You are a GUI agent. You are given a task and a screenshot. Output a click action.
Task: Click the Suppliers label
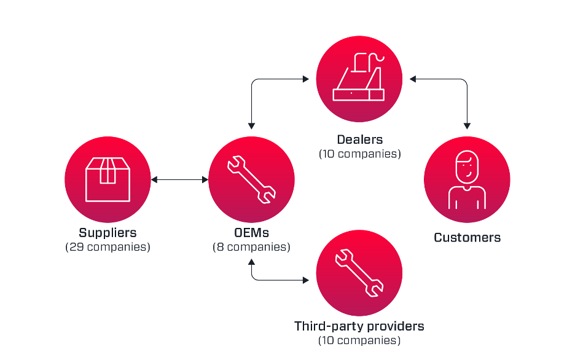(108, 233)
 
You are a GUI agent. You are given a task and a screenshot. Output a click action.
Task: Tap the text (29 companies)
(108, 247)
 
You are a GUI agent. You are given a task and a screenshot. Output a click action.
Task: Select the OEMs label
(252, 233)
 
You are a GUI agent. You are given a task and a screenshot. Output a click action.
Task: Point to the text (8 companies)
(252, 247)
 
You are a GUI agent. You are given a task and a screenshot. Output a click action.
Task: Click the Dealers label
(359, 139)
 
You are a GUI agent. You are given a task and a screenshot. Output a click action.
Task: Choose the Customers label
(467, 238)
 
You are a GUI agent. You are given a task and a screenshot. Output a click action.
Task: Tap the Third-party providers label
(359, 326)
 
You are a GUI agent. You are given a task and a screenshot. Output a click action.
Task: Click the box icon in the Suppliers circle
(108, 179)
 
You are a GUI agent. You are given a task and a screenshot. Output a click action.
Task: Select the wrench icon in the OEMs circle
(252, 179)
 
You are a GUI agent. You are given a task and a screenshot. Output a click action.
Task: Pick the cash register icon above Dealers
(359, 79)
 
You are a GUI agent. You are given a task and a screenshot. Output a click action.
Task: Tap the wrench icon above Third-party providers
(359, 273)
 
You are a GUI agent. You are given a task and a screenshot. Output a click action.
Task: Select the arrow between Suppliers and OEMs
(180, 179)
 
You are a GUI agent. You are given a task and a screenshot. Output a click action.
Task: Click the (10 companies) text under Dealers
(359, 154)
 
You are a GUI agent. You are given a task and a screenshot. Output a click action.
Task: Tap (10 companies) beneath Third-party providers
(359, 340)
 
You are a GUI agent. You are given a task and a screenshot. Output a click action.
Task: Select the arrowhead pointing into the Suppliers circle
(154, 179)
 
